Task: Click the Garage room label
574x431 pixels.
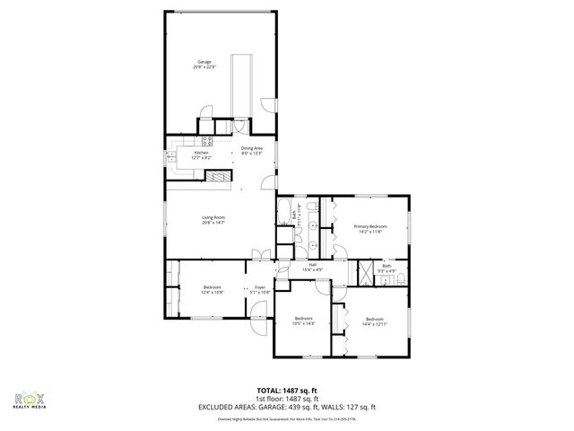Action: point(204,61)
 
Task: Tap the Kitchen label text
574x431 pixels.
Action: point(202,153)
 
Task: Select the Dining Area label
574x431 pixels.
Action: point(252,147)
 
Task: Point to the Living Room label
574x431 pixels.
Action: point(213,218)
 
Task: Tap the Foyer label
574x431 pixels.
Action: point(259,287)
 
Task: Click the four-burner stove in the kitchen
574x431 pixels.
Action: point(206,140)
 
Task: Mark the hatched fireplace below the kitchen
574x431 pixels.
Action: point(216,177)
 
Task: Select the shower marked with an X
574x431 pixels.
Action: point(366,272)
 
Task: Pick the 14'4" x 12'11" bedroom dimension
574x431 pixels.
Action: point(375,323)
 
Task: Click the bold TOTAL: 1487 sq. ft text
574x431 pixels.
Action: point(286,390)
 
